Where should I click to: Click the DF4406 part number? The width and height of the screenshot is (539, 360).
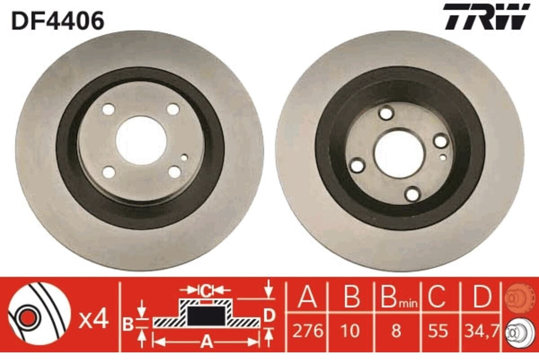pyautogui.click(x=58, y=21)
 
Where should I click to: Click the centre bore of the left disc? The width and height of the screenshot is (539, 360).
pyautogui.click(x=141, y=141)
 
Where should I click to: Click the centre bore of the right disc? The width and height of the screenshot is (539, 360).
pyautogui.click(x=399, y=154)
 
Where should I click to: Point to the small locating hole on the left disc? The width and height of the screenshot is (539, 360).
pyautogui.click(x=184, y=158)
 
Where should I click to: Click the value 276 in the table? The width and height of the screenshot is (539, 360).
pyautogui.click(x=308, y=331)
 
